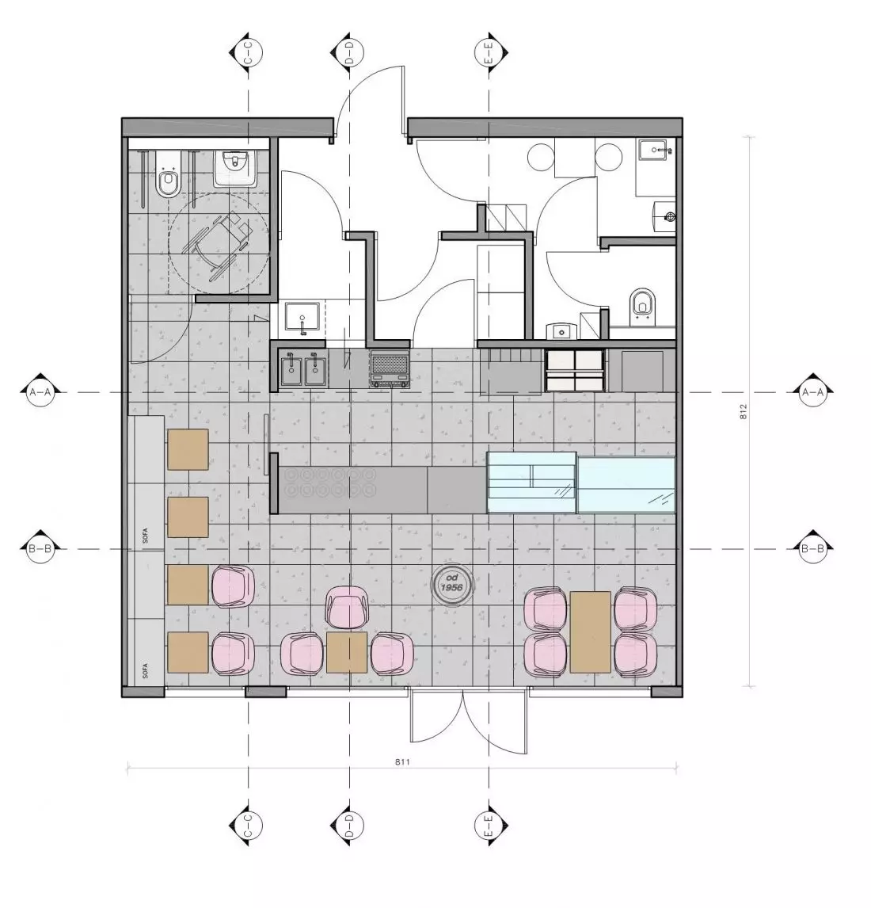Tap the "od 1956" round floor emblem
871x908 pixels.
pos(452,582)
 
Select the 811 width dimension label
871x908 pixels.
pos(402,762)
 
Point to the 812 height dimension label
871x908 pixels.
pos(743,411)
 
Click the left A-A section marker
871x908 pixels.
pos(40,393)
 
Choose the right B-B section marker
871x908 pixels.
pos(812,548)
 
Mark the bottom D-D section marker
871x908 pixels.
pos(349,826)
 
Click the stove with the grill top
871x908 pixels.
pos(390,369)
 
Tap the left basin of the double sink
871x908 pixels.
pos(291,369)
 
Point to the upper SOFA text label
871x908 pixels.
pos(145,536)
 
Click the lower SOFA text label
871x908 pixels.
pos(145,670)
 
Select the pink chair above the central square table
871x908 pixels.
pos(346,606)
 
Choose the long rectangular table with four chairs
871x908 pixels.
pos(591,631)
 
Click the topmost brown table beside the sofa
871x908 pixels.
pos(188,449)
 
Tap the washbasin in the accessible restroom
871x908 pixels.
pos(235,169)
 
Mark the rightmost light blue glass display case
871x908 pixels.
pos(626,485)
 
